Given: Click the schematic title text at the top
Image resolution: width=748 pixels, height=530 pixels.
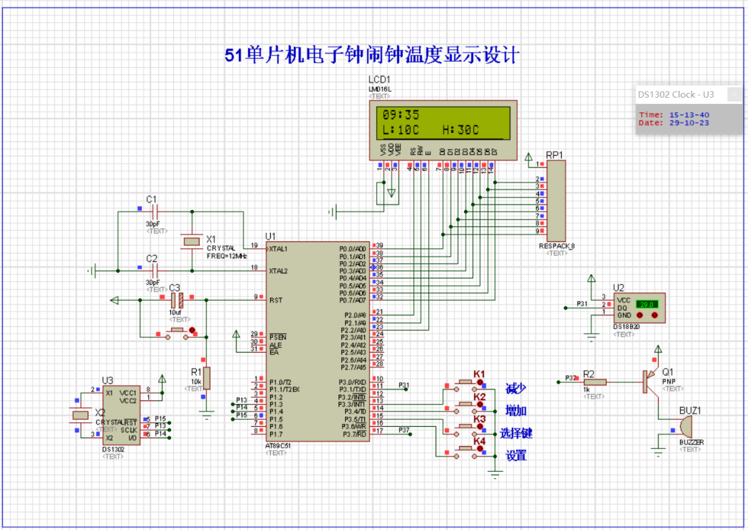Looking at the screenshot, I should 372,55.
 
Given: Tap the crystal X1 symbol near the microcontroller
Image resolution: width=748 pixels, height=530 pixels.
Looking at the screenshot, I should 191,241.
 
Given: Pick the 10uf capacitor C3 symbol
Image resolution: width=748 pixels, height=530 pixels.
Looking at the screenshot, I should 177,300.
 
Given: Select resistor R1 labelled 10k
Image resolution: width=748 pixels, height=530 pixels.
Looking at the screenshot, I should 206,378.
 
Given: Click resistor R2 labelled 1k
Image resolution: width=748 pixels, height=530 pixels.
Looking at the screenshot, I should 594,381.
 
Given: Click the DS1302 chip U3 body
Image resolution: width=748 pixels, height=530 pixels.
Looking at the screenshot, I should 121,416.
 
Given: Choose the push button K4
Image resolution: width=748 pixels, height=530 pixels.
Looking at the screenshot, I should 468,449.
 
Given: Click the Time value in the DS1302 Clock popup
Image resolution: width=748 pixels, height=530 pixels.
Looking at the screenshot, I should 684,115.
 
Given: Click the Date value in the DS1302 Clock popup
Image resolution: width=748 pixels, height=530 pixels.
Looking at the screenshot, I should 684,123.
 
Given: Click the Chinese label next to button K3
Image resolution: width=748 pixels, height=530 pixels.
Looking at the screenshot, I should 516,434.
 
